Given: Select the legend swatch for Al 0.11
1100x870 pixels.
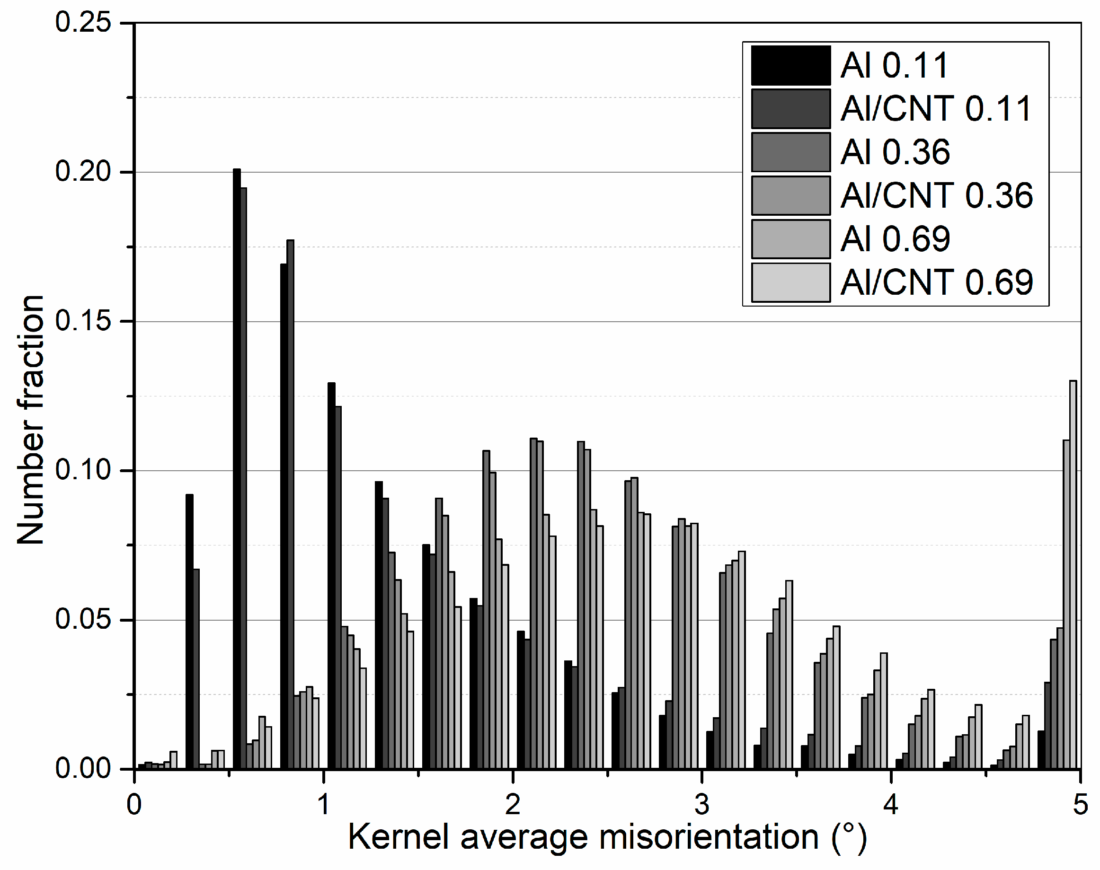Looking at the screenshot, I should point(790,66).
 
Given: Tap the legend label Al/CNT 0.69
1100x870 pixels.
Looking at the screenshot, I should point(936,283).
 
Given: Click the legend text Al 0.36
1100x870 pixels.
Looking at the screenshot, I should point(895,152).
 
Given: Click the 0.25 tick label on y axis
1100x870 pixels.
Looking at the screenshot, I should point(83,23).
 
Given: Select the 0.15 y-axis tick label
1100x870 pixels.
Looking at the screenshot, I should point(83,321).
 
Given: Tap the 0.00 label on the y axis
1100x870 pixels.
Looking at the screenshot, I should point(83,768).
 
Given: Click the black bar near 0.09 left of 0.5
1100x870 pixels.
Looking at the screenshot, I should point(189,632).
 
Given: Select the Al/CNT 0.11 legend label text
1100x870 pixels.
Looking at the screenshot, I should point(936,109).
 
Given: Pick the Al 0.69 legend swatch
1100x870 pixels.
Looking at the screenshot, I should point(790,239).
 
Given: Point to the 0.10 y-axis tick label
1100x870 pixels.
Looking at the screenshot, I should point(83,470).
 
